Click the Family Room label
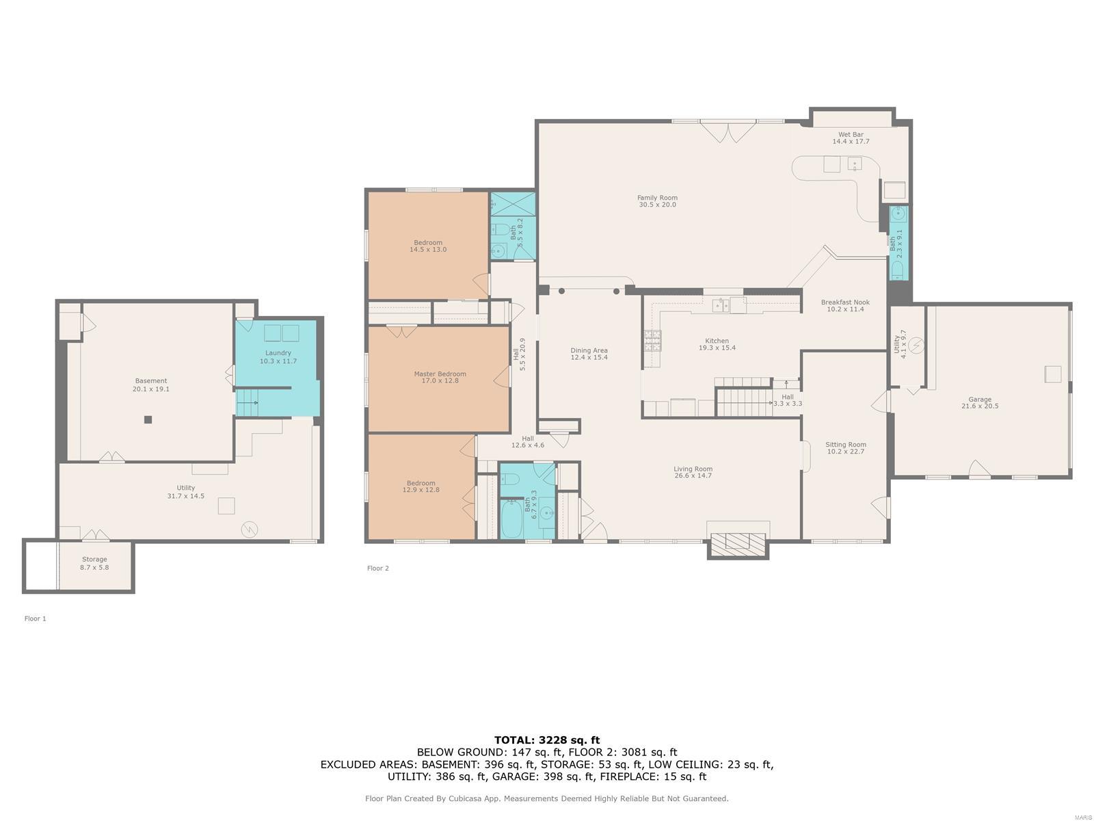(x=657, y=198)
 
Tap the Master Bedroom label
(x=440, y=374)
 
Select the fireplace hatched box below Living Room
(x=738, y=544)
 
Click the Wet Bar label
(x=851, y=135)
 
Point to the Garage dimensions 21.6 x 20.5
(x=979, y=406)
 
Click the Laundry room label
(x=278, y=353)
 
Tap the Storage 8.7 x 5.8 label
(x=94, y=563)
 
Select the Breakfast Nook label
(x=845, y=302)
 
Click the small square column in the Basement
(x=148, y=419)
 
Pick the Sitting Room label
(x=845, y=445)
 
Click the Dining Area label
(x=589, y=350)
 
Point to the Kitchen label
(x=717, y=341)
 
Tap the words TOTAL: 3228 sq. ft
(x=547, y=740)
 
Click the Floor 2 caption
(x=377, y=569)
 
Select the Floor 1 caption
(x=35, y=618)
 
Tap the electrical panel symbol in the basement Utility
(x=249, y=529)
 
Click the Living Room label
(x=693, y=469)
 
